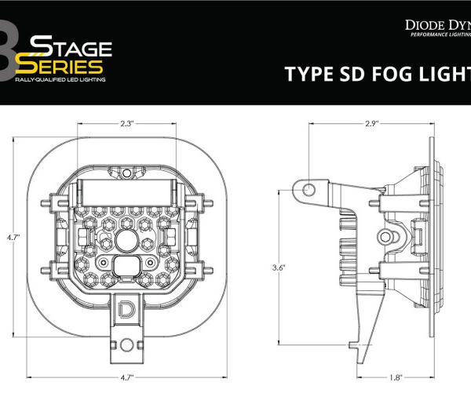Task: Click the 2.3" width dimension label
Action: click(x=128, y=123)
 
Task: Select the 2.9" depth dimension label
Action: click(x=371, y=123)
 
